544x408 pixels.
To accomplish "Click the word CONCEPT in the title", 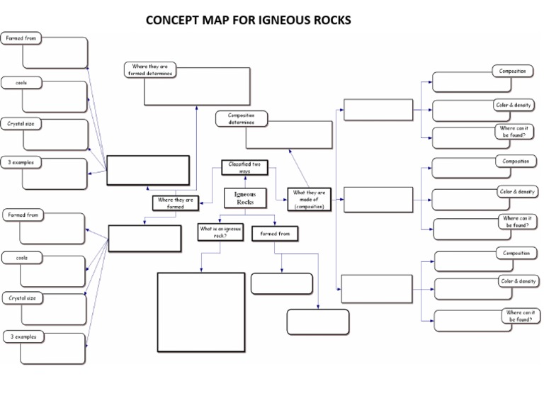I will click(x=173, y=20).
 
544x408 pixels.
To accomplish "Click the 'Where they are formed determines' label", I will click(x=149, y=69).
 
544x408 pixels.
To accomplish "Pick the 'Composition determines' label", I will click(x=242, y=118).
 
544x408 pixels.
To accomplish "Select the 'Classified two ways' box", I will click(x=244, y=167).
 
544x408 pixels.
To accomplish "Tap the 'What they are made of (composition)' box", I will click(x=309, y=199).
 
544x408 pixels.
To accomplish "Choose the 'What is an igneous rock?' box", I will click(x=220, y=232).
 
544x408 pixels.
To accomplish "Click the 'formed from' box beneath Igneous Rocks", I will click(x=275, y=233).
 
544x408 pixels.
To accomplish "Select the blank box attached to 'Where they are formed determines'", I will click(x=198, y=86).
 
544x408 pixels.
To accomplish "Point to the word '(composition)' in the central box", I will click(x=309, y=206).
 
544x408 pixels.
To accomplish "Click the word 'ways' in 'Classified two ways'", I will click(x=244, y=171).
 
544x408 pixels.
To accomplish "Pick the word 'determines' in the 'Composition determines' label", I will click(x=242, y=123).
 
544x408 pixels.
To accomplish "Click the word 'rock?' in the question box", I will click(x=220, y=236).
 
